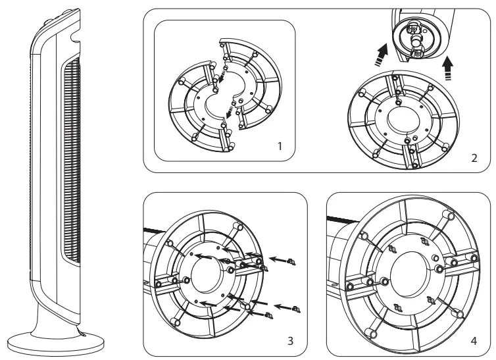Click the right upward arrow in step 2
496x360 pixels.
click(x=448, y=67)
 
